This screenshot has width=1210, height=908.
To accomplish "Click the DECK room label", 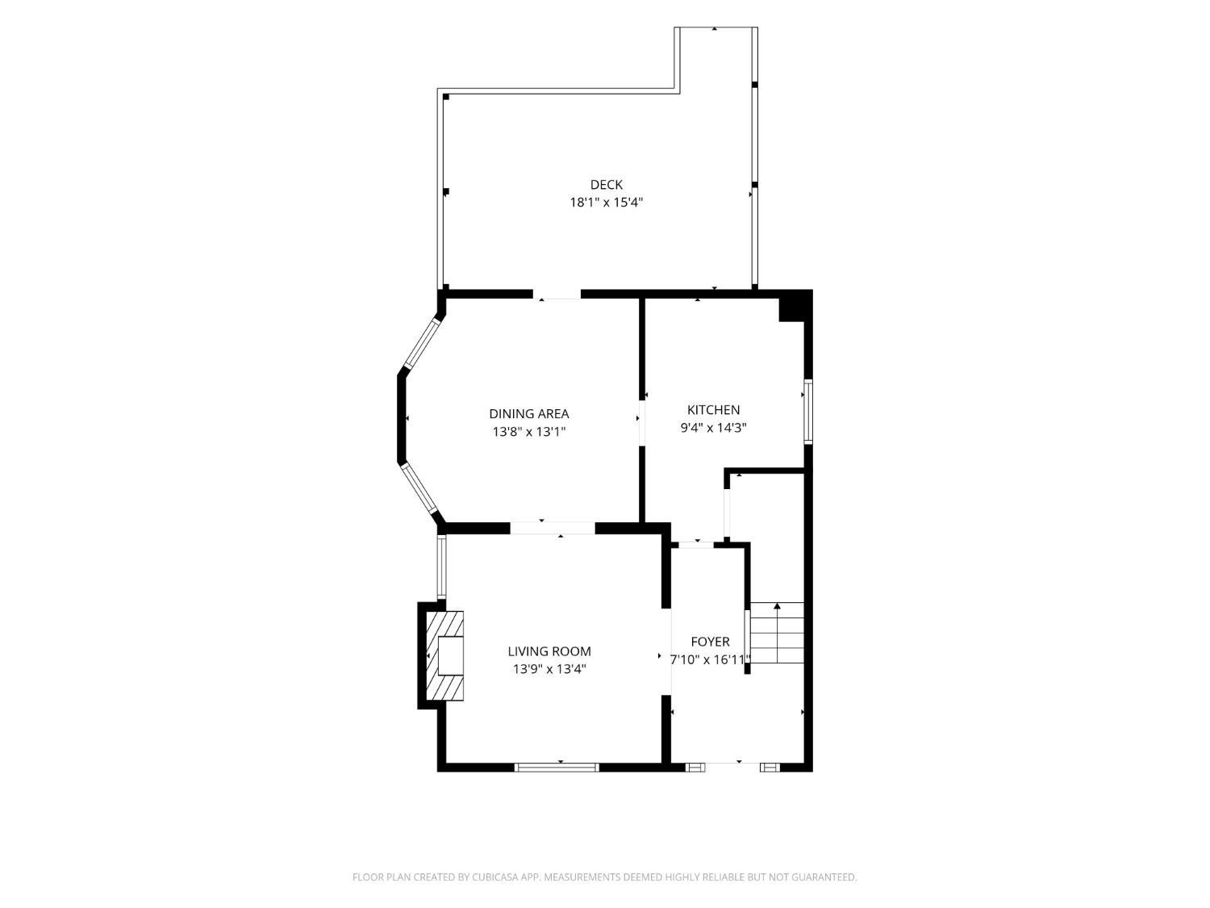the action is coord(606,185).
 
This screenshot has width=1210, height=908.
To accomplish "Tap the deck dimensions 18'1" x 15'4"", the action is coord(606,203).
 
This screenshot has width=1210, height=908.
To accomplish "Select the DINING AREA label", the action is coord(528,413).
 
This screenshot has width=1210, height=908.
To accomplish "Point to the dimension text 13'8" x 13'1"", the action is coord(529,431).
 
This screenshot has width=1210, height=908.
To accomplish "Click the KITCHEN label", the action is coord(713,410).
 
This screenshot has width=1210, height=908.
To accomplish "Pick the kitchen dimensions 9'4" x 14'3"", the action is coord(713,427).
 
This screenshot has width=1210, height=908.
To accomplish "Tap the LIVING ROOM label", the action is coord(549,651).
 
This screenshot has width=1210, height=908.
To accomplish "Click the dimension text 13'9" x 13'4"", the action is coord(549,669).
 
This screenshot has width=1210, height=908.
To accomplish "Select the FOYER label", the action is coord(710,641).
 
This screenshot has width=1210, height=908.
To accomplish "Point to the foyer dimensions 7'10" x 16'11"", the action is coord(710,659).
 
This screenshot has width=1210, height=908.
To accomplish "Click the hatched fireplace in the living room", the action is coord(444,655).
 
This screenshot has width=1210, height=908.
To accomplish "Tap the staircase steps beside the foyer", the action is coord(778,633).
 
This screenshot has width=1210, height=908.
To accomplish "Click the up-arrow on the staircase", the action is coord(778,633).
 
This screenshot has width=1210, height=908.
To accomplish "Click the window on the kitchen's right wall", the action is coord(808,411).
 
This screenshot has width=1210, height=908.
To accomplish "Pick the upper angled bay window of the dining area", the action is coord(423,344).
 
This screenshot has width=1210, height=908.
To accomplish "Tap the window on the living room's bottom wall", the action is coord(557,767).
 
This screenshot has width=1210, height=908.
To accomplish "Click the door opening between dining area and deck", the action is coord(557,295).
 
